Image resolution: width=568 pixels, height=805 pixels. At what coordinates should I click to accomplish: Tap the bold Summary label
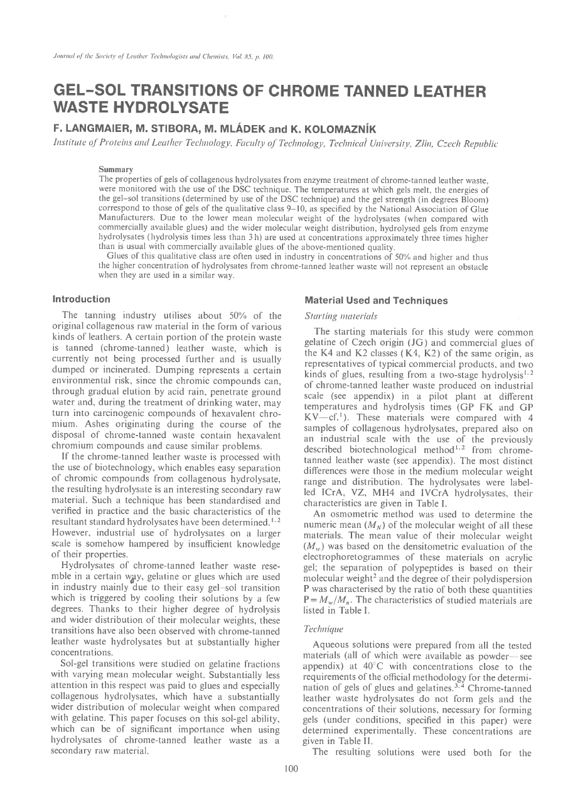coord(115,170)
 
